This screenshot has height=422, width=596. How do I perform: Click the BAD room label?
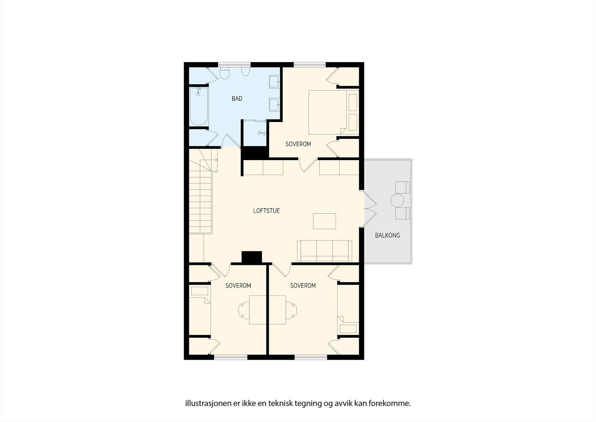pos(237,99)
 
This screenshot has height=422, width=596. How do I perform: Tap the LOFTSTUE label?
pos(266,211)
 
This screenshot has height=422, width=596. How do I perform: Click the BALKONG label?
pos(387,235)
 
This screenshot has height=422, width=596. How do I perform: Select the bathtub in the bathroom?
pos(199,106)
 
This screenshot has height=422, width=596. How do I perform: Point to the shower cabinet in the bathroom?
pos(255,133)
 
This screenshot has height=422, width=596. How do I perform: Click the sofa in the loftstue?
pos(324,251)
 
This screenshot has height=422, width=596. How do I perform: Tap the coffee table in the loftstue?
pos(324,221)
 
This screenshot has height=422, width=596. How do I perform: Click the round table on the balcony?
pos(397,201)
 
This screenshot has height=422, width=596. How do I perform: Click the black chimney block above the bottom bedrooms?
pos(252,257)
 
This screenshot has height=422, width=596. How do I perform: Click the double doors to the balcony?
pos(370,209)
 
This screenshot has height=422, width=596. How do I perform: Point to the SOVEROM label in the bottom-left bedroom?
pos(238,286)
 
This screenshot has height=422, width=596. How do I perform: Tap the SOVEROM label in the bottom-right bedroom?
pos(303,286)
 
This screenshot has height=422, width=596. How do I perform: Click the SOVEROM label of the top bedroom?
pos(298,144)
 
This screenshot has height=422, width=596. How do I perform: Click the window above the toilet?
pos(228,64)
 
